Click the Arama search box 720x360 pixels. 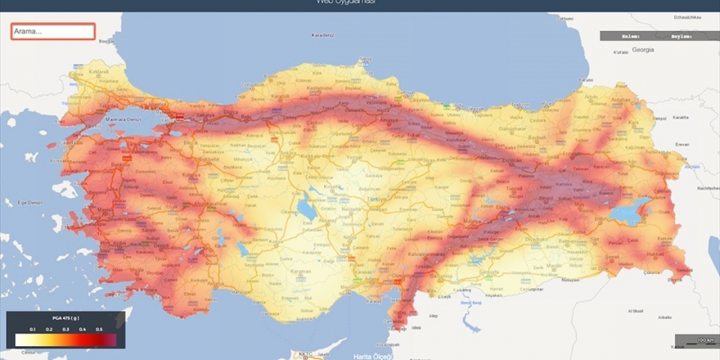pos(53,32)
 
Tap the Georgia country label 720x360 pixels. pos(642,50)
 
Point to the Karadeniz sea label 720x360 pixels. pos(323,35)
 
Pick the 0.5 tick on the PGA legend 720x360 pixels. pos(99,328)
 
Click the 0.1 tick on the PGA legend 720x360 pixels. pos(33,328)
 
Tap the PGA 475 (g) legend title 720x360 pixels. pos(66,318)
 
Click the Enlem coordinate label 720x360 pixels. pos(630,36)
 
